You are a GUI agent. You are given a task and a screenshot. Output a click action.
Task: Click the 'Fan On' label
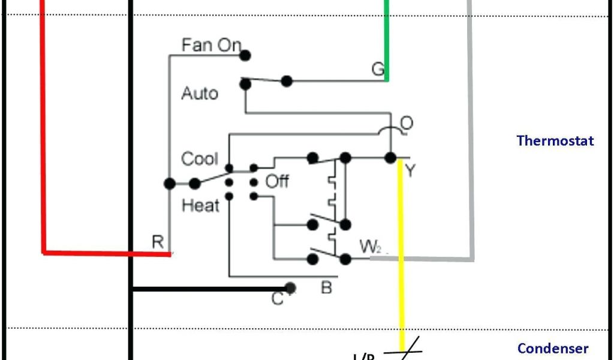click(x=211, y=45)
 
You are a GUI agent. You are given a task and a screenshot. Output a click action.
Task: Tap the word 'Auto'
click(x=200, y=94)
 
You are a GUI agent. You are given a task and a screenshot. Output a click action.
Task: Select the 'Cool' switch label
click(x=199, y=159)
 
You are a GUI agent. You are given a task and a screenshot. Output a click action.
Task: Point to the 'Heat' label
click(x=200, y=206)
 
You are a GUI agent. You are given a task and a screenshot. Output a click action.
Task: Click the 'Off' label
click(x=277, y=181)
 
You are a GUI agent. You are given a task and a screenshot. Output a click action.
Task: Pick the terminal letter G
click(x=378, y=70)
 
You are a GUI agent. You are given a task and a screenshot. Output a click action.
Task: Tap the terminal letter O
click(x=407, y=123)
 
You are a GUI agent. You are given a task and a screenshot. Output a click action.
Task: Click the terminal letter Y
click(x=410, y=171)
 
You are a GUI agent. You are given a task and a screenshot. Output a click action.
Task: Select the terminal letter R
click(x=158, y=242)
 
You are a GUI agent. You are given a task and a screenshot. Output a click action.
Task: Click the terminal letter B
click(x=326, y=288)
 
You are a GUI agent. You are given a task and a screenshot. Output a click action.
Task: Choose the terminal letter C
click(x=277, y=298)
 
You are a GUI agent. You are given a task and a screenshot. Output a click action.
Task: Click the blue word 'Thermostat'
click(x=555, y=141)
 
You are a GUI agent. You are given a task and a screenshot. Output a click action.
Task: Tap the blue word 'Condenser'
click(x=553, y=349)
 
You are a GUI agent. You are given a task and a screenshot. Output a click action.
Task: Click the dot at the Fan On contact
click(x=245, y=55)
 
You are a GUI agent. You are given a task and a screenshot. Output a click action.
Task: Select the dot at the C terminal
click(x=291, y=289)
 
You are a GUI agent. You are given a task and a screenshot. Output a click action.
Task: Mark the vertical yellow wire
click(x=402, y=252)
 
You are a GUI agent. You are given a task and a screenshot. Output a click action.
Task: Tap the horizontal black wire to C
click(x=210, y=289)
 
